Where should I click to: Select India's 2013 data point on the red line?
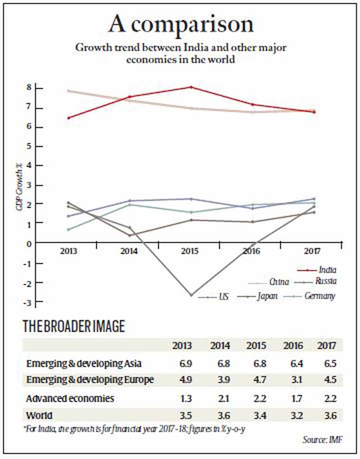point(69,118)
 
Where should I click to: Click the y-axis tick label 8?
point(29,88)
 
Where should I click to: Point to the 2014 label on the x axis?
point(129,251)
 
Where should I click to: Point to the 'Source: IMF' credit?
point(323,440)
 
